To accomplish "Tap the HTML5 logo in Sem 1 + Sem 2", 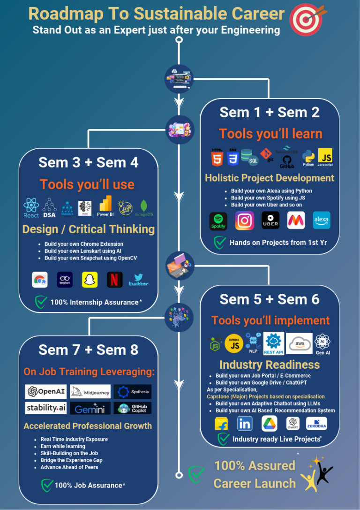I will (217, 158).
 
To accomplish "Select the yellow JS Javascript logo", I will (325, 157).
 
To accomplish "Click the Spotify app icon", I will (218, 221).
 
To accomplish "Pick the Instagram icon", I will (244, 221).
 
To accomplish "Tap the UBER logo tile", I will (270, 221).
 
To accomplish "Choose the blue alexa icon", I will (322, 221).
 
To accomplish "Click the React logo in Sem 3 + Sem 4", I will (31, 207).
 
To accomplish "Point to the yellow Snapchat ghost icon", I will (90, 280).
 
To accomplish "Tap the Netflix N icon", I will (114, 280).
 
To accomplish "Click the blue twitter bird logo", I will (138, 280).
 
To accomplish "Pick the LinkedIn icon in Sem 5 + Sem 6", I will (245, 424).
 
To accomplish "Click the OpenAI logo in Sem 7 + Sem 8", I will (46, 391).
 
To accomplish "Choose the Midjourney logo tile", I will (90, 391).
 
